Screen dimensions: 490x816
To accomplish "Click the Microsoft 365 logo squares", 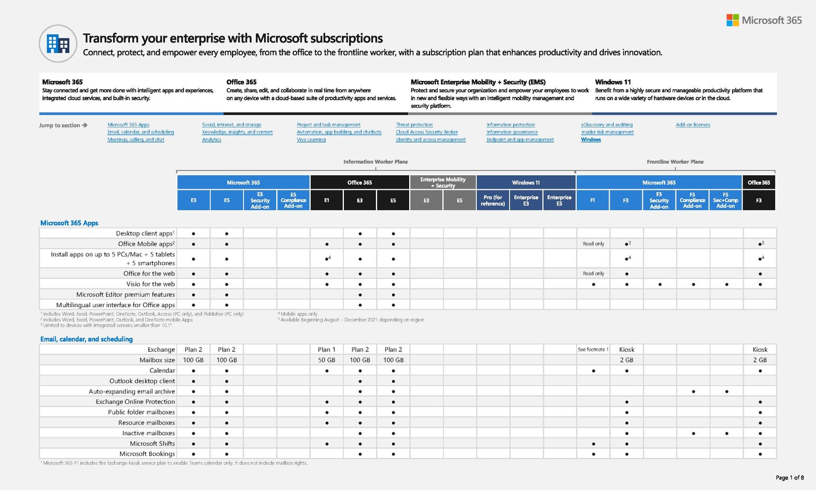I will coord(732,20).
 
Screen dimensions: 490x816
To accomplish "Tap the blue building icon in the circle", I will coord(58,43).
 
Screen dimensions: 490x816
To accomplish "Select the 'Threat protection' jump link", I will coord(414,125).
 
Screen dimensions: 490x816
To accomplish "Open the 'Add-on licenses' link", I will coord(692,125).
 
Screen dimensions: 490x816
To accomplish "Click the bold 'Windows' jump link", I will coord(590,140).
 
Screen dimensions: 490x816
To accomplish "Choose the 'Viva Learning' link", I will coord(311,140).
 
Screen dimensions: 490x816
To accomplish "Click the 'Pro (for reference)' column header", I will coord(493,200).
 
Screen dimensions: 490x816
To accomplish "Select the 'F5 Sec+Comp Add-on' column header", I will coord(726,200).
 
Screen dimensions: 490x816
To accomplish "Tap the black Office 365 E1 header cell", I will coord(326,200).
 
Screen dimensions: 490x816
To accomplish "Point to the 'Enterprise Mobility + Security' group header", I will coord(443,182).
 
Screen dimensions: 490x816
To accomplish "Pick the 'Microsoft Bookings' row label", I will coord(147,454).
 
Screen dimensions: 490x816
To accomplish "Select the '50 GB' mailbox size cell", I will coord(326,360).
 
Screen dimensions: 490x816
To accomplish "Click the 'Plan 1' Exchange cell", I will coord(326,350).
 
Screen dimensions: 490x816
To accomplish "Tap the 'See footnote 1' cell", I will coord(593,350).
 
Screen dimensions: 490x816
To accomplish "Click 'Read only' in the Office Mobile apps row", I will coord(593,244).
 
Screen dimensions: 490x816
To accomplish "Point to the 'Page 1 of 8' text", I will coord(789,478).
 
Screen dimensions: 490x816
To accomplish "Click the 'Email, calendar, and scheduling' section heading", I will coord(86,339).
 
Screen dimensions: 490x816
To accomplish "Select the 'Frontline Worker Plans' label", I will coord(675,162).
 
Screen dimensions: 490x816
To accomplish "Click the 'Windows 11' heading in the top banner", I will coord(613,82).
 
